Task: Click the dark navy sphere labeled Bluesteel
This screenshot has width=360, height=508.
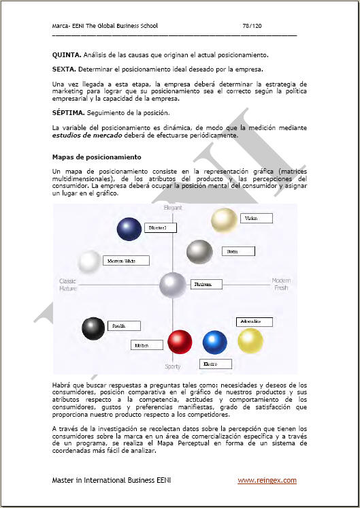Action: pyautogui.click(x=129, y=229)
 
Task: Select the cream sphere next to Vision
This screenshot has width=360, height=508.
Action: pyautogui.click(x=223, y=220)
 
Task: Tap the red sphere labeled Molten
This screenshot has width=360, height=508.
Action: pyautogui.click(x=180, y=341)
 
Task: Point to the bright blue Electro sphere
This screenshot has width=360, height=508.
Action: pyautogui.click(x=214, y=342)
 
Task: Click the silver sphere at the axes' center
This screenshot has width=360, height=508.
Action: pyautogui.click(x=173, y=284)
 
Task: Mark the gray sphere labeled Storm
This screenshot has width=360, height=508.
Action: pyautogui.click(x=199, y=252)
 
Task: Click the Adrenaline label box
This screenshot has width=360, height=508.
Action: pyautogui.click(x=254, y=321)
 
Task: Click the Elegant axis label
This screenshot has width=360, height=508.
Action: pyautogui.click(x=173, y=207)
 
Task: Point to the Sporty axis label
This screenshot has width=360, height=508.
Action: pyautogui.click(x=173, y=366)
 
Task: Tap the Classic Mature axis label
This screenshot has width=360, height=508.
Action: pyautogui.click(x=68, y=285)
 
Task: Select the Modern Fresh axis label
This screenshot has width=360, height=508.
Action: pyautogui.click(x=281, y=284)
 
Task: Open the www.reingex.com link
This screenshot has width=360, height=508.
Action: pyautogui.click(x=267, y=480)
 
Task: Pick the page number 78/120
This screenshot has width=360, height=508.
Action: pyautogui.click(x=252, y=26)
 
